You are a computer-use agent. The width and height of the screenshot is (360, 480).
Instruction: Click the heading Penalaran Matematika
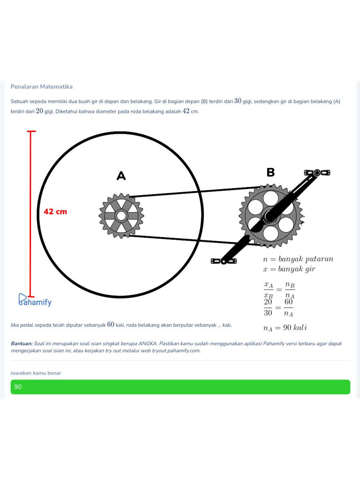coord(42,86)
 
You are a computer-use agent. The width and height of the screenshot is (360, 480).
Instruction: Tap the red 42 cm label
coord(55,212)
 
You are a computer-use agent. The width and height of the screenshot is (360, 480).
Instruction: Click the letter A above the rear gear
coord(121,176)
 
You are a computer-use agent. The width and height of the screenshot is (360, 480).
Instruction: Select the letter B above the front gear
coord(271,172)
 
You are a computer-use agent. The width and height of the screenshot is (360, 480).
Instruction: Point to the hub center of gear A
coord(121,216)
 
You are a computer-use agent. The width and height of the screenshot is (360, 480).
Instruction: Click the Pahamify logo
coord(35,300)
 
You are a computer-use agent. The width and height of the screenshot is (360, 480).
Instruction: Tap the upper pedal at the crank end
coord(317,173)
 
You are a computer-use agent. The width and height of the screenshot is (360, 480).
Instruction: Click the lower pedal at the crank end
coord(224,261)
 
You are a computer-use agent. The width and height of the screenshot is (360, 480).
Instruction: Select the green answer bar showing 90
coord(180,387)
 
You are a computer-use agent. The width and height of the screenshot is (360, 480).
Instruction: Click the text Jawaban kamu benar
coord(36,373)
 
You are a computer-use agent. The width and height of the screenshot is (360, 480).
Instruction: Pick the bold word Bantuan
coord(22,344)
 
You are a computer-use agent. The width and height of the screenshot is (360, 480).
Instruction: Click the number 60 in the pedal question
coord(111,324)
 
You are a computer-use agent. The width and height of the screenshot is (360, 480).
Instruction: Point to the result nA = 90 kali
coord(285,328)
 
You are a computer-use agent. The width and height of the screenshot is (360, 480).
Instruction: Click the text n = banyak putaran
coord(298,259)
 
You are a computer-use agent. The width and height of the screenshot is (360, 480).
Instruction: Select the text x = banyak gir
coord(289,269)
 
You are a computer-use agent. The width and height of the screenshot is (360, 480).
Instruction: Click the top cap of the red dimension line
coord(31,131)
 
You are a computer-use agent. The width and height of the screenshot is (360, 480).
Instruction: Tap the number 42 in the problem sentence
coord(186,111)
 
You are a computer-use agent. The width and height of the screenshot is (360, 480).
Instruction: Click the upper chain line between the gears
coord(195,192)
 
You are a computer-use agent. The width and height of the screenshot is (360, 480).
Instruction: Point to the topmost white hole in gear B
coord(271,198)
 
